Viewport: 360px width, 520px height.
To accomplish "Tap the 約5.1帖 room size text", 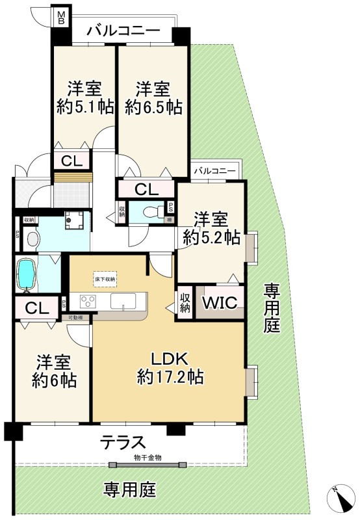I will click(83, 107).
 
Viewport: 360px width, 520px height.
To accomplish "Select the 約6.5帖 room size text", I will click(153, 107).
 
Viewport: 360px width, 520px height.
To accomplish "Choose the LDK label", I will click(170, 358).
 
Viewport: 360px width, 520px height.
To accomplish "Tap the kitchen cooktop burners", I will click(88, 301).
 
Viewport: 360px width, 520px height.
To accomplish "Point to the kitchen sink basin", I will click(123, 301).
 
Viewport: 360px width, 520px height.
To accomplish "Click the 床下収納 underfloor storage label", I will click(105, 279).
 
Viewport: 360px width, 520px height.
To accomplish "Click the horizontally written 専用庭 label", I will click(130, 489).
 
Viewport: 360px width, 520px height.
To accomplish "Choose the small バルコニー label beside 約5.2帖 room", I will click(215, 170).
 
